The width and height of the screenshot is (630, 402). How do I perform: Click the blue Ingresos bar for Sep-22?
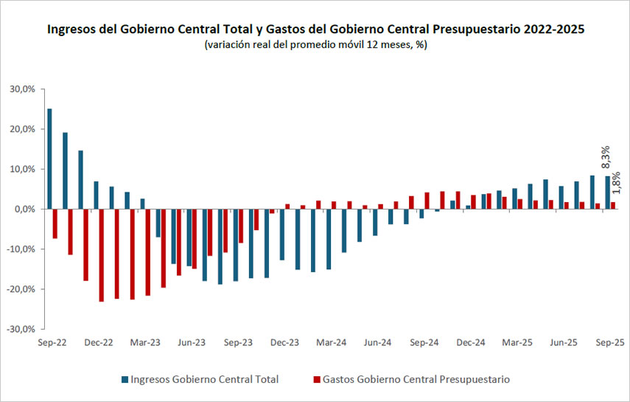click(49, 159)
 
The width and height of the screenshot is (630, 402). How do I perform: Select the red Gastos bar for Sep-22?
click(55, 223)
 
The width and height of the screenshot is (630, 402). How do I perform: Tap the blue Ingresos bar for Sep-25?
click(607, 193)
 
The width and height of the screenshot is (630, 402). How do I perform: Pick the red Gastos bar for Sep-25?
click(613, 205)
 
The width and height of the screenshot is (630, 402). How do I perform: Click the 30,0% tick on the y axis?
click(21, 89)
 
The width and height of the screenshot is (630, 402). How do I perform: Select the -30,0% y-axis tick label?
click(20, 329)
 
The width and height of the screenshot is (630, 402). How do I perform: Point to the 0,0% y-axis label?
click(24, 209)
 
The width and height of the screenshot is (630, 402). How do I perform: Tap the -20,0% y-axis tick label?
click(20, 289)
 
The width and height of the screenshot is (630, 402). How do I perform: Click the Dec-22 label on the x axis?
click(98, 343)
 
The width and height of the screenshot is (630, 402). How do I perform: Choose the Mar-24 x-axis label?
click(331, 343)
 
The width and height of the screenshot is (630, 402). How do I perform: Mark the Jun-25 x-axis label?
click(564, 343)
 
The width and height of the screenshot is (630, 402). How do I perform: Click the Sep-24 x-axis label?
click(424, 343)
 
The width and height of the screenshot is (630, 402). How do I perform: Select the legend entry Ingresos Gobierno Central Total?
click(204, 380)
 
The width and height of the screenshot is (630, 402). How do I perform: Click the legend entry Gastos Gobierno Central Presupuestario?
click(416, 380)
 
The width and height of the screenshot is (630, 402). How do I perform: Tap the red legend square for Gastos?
click(317, 380)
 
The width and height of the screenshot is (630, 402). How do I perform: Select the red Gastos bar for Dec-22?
click(102, 255)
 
